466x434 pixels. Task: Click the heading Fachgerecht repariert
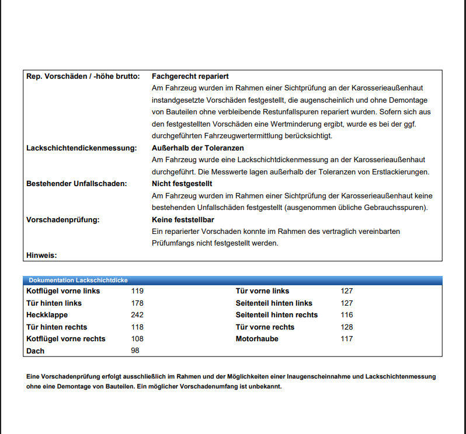pos(190,76)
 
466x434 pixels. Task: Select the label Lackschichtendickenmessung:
pos(81,148)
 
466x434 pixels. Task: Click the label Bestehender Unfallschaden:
pos(76,184)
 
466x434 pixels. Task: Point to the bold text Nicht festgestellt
pos(182,184)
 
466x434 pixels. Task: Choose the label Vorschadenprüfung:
pos(63,220)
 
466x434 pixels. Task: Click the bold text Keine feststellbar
pos(182,220)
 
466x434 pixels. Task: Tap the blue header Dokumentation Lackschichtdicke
pos(78,281)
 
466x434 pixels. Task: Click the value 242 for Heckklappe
pos(137,315)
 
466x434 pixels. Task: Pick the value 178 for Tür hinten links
pos(137,303)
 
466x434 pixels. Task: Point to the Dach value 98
pos(135,351)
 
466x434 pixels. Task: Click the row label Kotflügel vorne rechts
pos(66,339)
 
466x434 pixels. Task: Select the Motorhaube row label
pos(257,339)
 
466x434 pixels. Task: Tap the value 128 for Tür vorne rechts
pos(347,327)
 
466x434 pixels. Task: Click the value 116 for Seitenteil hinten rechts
pos(347,315)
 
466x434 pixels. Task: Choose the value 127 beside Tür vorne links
pos(347,291)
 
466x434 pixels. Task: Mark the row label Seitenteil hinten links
pos(274,303)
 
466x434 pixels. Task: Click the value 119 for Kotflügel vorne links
pos(137,291)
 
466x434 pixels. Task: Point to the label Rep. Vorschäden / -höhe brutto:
pos(83,76)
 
